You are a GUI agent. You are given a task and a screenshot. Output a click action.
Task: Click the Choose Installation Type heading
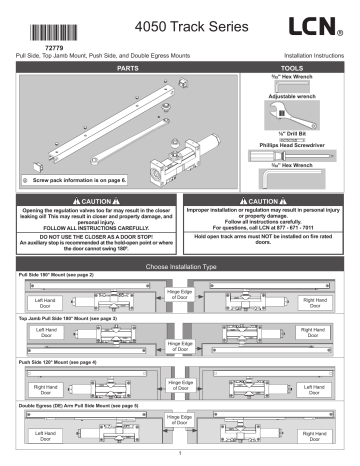pos(181,267)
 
